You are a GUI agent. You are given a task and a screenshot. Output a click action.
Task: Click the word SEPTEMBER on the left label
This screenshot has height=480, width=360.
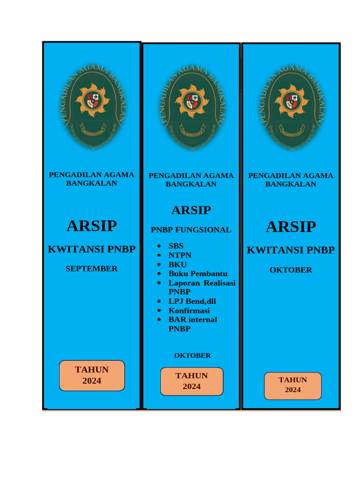91,269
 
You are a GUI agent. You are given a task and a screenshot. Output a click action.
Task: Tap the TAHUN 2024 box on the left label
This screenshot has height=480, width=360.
92,375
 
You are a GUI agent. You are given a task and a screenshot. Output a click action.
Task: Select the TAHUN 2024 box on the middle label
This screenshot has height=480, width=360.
192,381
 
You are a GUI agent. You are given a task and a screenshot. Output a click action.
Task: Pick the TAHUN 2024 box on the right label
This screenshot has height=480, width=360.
292,385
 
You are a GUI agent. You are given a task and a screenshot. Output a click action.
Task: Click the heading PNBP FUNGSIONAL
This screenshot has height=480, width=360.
191,230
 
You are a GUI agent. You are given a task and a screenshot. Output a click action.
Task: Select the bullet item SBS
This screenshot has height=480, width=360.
176,246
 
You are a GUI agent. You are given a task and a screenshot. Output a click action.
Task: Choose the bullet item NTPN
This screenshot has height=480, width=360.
180,255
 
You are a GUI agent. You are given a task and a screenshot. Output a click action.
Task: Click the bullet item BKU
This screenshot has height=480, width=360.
178,264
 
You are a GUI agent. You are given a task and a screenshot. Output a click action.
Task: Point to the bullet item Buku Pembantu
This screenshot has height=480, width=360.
198,273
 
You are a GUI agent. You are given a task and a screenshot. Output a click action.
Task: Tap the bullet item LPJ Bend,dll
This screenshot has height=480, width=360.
192,301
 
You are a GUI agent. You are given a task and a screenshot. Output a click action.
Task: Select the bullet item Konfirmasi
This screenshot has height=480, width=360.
189,310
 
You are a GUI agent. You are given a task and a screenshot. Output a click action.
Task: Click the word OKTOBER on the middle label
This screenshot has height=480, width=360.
192,355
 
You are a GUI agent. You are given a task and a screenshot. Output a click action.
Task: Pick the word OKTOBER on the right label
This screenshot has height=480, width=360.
291,270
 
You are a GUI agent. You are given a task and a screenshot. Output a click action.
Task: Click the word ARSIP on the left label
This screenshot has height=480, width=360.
91,226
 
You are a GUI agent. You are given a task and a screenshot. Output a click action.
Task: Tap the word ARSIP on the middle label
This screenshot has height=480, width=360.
191,210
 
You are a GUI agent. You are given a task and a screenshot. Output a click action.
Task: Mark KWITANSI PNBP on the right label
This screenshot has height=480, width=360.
291,250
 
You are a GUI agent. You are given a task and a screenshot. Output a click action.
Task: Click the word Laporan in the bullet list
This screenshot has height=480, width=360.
183,283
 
